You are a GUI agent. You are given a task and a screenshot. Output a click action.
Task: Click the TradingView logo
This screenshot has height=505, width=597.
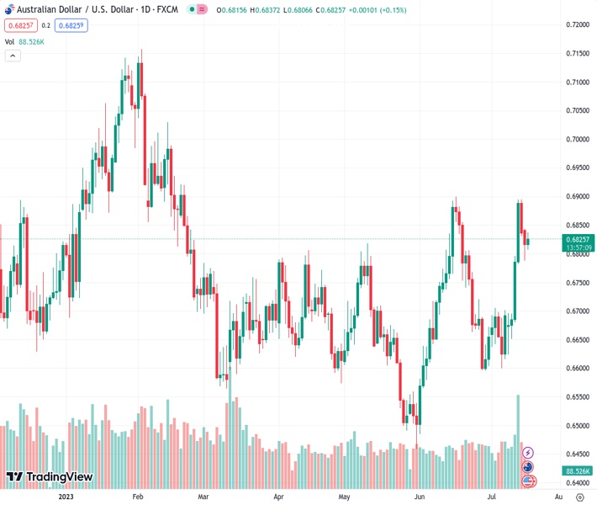49,477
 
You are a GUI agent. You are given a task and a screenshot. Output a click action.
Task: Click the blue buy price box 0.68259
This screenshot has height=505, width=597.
71,25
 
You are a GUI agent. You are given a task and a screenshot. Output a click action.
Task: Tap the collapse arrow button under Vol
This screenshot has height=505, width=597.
13,56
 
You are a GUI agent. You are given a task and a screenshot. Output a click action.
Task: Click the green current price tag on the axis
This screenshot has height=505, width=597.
576,243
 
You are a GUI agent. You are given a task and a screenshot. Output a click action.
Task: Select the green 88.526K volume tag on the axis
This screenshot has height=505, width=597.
576,471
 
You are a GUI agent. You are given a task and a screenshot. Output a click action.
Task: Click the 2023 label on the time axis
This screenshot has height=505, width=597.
67,497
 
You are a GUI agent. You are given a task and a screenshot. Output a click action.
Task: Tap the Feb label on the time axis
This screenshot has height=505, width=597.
139,497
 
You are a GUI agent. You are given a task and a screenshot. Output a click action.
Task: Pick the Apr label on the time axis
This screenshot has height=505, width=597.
278,497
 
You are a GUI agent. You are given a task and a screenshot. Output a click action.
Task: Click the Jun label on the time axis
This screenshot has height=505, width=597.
418,497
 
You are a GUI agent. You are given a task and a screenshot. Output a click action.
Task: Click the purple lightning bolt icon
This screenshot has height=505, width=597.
528,453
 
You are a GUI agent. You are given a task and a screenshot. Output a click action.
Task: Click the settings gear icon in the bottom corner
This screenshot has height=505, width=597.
579,497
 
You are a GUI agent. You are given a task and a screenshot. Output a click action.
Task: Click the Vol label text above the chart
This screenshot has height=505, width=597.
9,41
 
